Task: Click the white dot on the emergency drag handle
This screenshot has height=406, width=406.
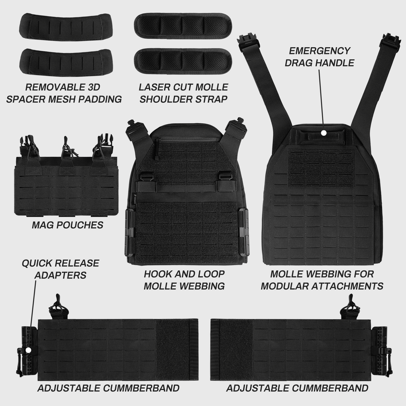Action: click(x=323, y=132)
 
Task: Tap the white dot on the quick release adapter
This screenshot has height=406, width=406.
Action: click(x=28, y=350)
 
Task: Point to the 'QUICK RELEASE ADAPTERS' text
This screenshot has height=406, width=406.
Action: click(x=60, y=269)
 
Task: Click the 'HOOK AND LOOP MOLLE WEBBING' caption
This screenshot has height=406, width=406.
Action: click(x=184, y=280)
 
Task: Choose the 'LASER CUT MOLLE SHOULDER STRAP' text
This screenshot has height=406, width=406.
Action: click(x=183, y=93)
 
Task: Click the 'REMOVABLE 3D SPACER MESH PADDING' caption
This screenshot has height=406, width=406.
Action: click(x=67, y=93)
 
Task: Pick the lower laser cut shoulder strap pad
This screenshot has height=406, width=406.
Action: click(x=183, y=60)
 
